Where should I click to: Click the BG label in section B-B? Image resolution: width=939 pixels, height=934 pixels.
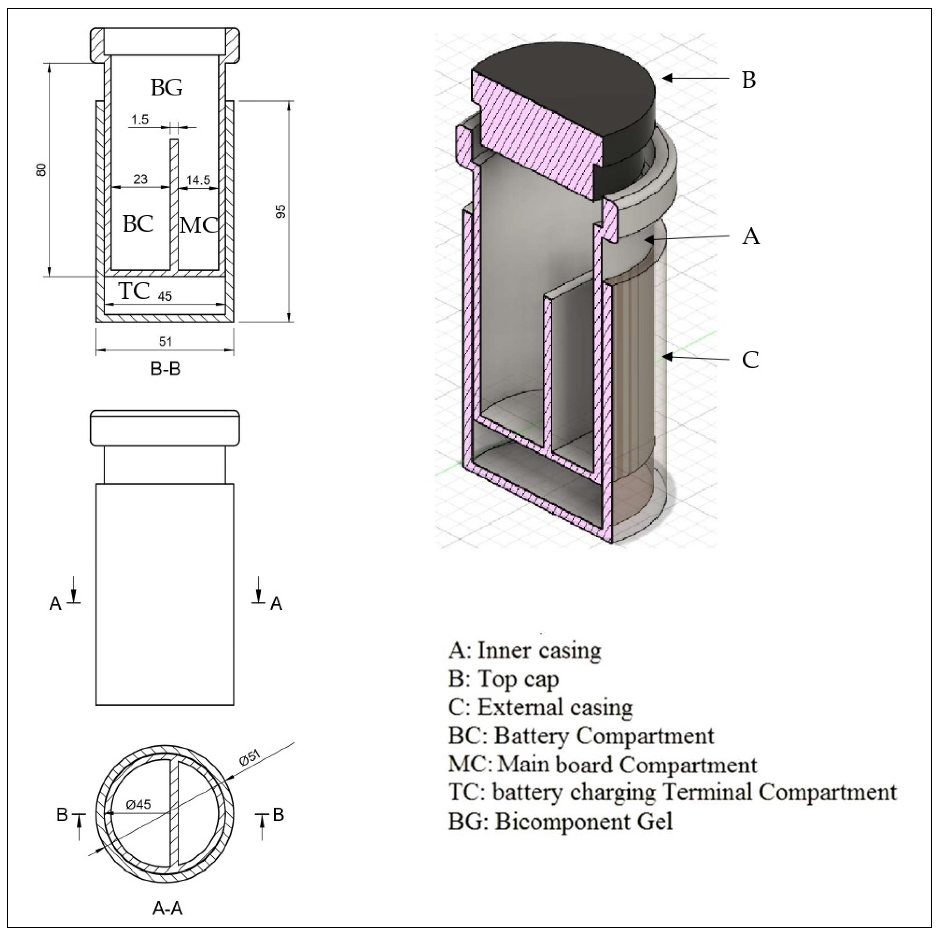pyautogui.click(x=167, y=88)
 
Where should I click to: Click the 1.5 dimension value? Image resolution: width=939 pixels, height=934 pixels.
pyautogui.click(x=140, y=120)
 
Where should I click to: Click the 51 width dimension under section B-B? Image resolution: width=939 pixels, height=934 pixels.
pyautogui.click(x=166, y=342)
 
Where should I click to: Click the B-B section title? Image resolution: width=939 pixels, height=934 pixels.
pyautogui.click(x=165, y=369)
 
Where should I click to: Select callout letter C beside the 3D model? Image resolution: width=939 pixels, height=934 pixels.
pyautogui.click(x=750, y=360)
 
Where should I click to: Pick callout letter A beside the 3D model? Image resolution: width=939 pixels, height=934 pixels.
pyautogui.click(x=751, y=236)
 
